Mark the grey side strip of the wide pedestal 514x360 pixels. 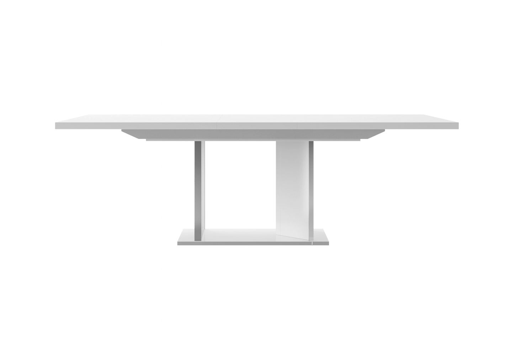(x=311, y=185)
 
